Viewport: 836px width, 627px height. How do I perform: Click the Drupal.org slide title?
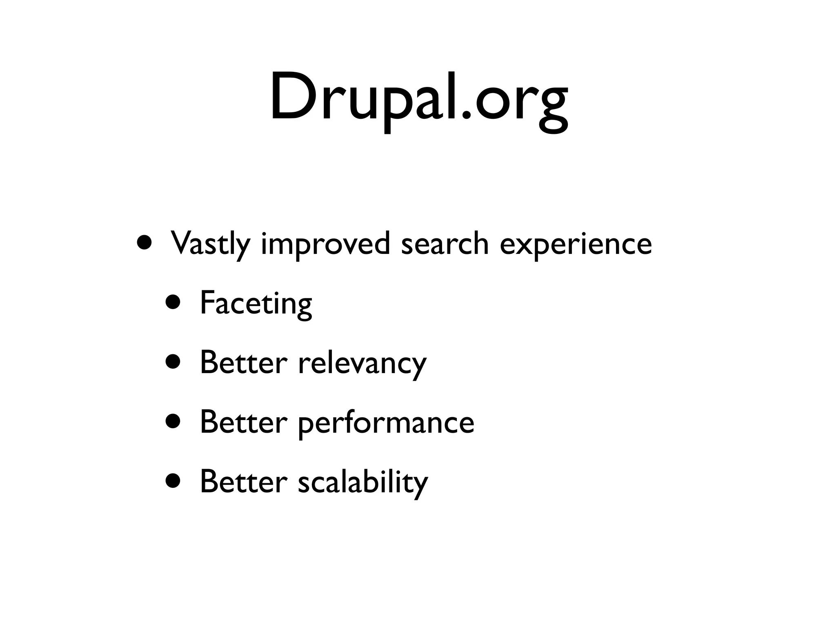coord(418,98)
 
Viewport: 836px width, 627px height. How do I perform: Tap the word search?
coord(445,244)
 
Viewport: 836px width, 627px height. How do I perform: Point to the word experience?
coord(576,245)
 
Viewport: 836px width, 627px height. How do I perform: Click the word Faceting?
coord(256,303)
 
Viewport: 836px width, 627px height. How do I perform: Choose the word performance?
coord(386,423)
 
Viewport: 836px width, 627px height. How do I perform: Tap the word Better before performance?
coord(244,422)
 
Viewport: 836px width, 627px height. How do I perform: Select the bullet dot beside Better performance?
coord(173,422)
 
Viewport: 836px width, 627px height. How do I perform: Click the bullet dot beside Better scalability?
coord(173,481)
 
